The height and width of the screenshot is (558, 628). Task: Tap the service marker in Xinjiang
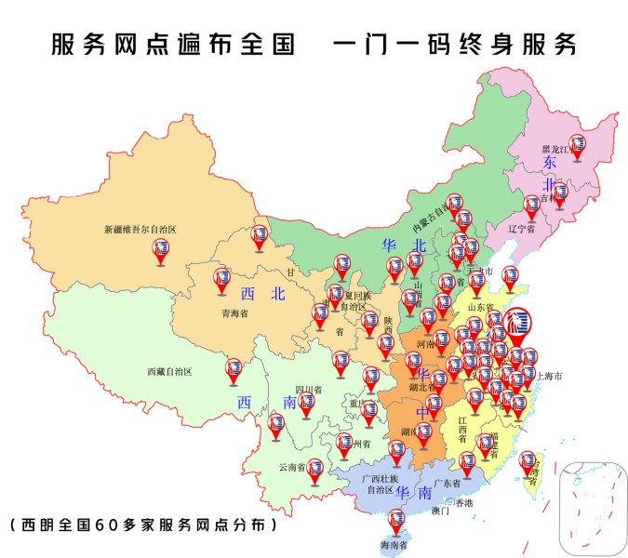pos(161,249)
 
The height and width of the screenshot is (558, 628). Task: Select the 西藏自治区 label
pos(168,371)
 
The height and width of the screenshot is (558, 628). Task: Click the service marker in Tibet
pos(234,370)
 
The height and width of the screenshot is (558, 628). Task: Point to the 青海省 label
pos(233,313)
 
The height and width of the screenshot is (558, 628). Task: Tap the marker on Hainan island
pos(396,519)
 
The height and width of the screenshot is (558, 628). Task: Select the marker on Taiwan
pos(528,461)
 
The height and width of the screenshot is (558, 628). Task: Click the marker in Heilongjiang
pos(578,145)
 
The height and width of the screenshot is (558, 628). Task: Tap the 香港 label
pos(463,502)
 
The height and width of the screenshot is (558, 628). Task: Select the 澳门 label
pos(440,511)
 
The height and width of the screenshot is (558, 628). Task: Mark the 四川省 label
pos(308,389)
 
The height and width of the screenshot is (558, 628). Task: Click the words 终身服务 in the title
pos(524,44)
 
